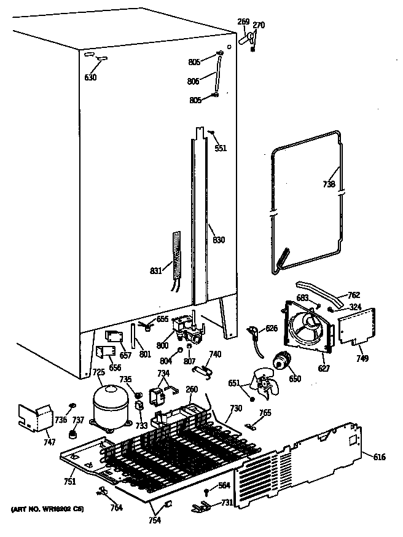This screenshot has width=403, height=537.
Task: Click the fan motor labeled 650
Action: tap(283, 363)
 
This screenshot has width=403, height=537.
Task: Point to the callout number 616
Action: tap(380, 457)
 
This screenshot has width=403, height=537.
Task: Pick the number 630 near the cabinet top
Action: tap(91, 77)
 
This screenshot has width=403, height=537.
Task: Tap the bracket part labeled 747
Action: tap(34, 417)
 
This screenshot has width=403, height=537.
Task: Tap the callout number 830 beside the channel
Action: tap(218, 240)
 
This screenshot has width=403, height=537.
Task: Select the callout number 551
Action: tap(220, 148)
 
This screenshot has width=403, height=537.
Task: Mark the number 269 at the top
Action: tap(243, 22)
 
